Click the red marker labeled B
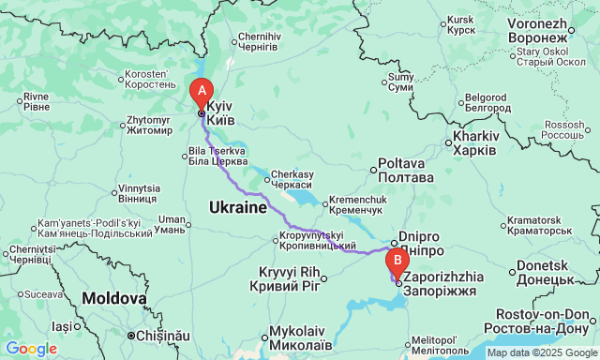coord(397,260)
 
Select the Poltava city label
coord(405,170)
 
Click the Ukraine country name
coord(238,206)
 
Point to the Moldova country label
coord(113,298)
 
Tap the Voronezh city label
coord(538,29)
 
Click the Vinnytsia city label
coord(139,194)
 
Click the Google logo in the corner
coord(31,349)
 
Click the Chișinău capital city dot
coord(131,335)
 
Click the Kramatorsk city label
coord(539,225)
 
